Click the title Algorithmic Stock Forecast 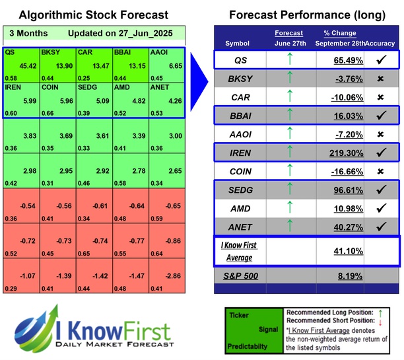tap(93, 15)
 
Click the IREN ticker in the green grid tap(12, 87)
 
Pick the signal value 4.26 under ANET tap(173, 101)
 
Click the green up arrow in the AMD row tap(288, 209)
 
